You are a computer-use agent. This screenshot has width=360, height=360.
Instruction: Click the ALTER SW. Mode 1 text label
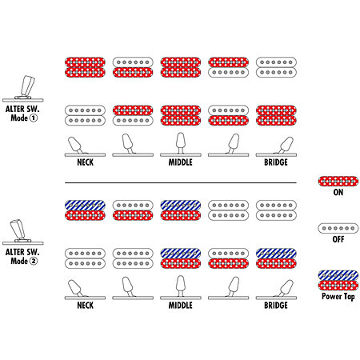pyautogui.click(x=22, y=114)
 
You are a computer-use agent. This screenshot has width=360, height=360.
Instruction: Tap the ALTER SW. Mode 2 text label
pyautogui.click(x=22, y=256)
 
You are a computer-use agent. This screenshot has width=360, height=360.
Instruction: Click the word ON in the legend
pyautogui.click(x=338, y=192)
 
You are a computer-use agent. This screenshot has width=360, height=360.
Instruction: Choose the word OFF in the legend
pyautogui.click(x=338, y=239)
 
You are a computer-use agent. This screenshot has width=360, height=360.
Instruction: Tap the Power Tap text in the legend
pyautogui.click(x=338, y=297)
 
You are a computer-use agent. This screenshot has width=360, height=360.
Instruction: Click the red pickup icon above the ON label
pyautogui.click(x=338, y=182)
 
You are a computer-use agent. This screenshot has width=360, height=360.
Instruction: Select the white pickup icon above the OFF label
pyautogui.click(x=338, y=228)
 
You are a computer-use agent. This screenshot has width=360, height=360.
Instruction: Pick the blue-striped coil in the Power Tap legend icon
pyautogui.click(x=338, y=275)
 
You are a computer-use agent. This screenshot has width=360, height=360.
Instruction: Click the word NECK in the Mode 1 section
pyautogui.click(x=85, y=162)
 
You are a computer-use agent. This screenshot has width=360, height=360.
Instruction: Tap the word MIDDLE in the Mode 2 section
pyautogui.click(x=181, y=306)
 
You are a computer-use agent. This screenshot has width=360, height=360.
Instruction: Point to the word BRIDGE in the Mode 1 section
pyautogui.click(x=276, y=162)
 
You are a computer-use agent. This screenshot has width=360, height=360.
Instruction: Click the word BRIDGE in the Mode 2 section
pyautogui.click(x=276, y=306)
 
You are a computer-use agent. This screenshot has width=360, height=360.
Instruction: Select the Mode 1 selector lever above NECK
pyautogui.click(x=76, y=145)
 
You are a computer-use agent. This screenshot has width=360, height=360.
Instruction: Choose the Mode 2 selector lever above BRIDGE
pyautogui.click(x=285, y=288)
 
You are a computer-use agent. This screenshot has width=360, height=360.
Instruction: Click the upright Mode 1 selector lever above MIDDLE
pyautogui.click(x=181, y=142)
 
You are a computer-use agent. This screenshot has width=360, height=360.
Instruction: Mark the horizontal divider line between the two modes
pyautogui.click(x=181, y=183)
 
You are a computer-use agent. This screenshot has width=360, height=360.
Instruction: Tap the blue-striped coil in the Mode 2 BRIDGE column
pyautogui.click(x=276, y=254)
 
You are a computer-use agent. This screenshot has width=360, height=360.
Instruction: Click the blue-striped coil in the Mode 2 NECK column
pyautogui.click(x=85, y=206)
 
